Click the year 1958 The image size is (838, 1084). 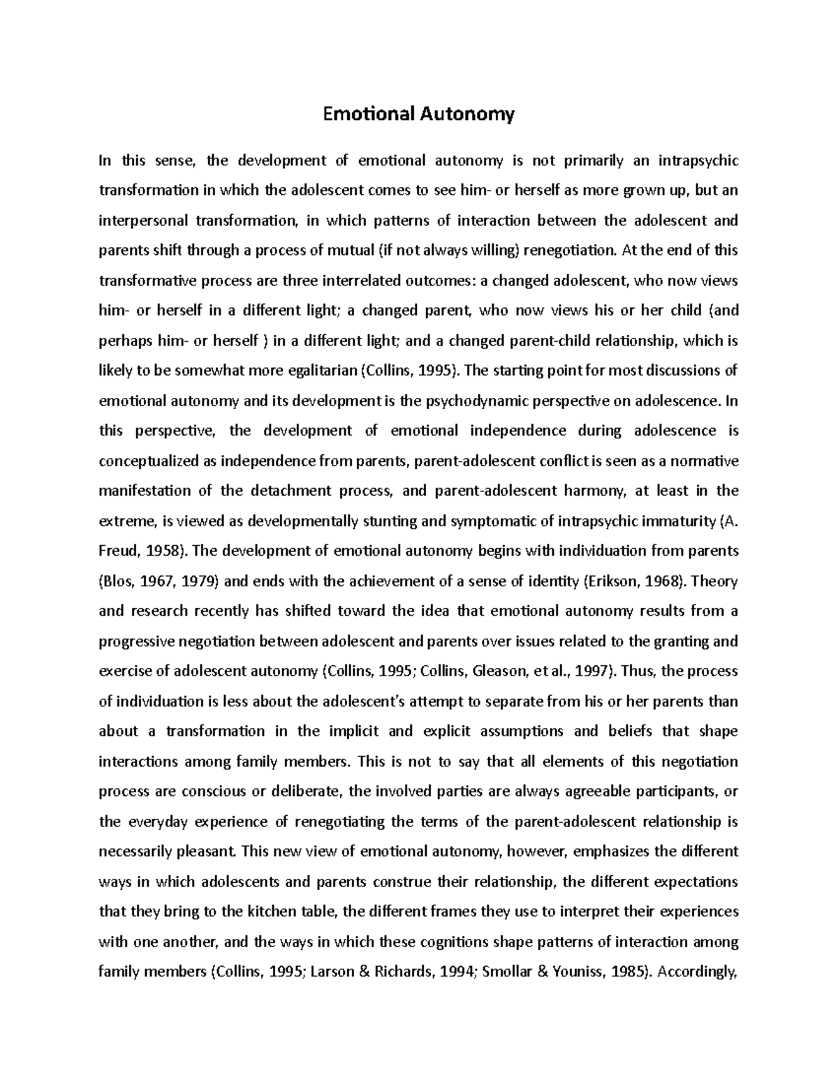(164, 551)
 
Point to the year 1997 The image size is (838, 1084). (587, 671)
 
